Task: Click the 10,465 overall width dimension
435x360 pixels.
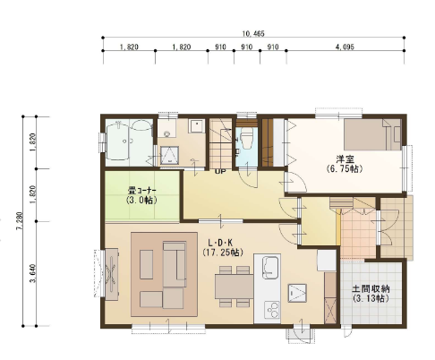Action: [x=253, y=34]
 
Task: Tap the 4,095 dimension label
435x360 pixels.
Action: [x=345, y=47]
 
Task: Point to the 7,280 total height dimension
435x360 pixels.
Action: [x=20, y=221]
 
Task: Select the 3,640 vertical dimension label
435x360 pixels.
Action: [x=33, y=273]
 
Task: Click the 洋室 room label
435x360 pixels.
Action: [x=345, y=159]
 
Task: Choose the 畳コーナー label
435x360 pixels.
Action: [x=142, y=190]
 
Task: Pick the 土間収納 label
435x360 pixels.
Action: [x=371, y=288]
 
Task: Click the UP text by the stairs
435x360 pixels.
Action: [x=220, y=172]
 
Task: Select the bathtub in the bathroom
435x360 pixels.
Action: [x=118, y=142]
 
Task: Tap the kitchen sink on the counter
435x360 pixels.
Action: [x=270, y=267]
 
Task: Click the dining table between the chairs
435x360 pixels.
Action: [x=235, y=286]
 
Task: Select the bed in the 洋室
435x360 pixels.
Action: [x=372, y=134]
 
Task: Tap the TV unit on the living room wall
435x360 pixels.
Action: [x=112, y=274]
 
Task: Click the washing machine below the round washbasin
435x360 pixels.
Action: [x=169, y=155]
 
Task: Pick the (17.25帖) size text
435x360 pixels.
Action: [x=223, y=253]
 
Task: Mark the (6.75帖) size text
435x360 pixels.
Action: [x=345, y=169]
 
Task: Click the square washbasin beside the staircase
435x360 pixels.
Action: [x=196, y=126]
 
